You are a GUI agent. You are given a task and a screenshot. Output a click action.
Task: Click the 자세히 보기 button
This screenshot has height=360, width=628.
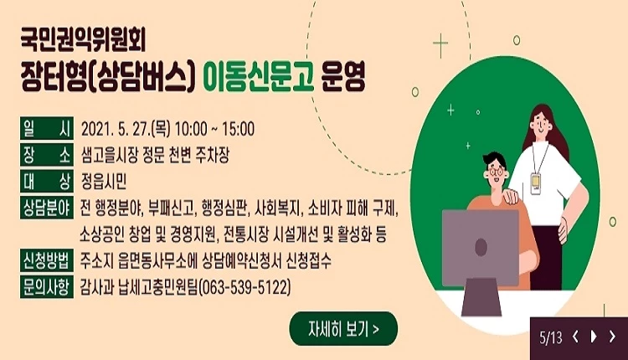[x=343, y=328]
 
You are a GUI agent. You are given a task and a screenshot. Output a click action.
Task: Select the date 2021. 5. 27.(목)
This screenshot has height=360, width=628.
[x=125, y=130]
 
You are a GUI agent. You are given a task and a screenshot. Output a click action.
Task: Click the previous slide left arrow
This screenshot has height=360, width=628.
[x=576, y=337]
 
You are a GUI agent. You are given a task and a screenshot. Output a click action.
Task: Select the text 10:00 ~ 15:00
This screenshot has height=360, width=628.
[x=214, y=130]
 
